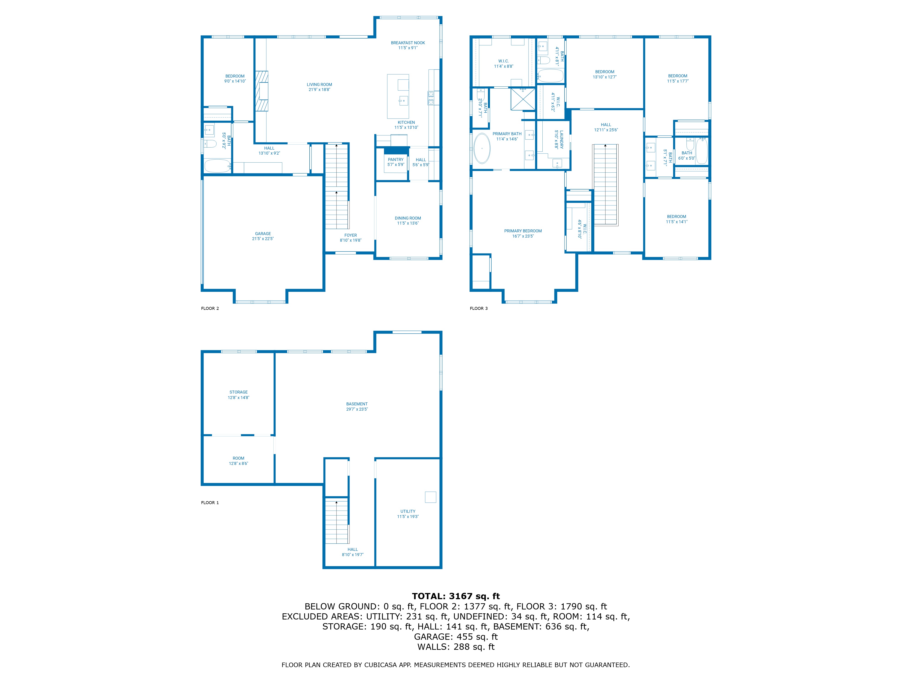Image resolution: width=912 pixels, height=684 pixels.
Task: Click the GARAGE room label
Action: (263, 233)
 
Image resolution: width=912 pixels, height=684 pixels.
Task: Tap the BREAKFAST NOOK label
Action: (408, 43)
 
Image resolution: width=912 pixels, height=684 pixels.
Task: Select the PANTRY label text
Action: (395, 160)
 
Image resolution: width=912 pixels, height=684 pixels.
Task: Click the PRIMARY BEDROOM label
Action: (523, 231)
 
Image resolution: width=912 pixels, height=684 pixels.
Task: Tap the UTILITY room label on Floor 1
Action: (408, 511)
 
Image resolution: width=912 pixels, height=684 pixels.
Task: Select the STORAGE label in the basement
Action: (238, 392)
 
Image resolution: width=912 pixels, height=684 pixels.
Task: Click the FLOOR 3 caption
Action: (479, 308)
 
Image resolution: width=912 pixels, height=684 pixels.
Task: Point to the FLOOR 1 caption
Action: (210, 503)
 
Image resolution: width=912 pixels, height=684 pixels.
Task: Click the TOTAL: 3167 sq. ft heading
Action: (456, 596)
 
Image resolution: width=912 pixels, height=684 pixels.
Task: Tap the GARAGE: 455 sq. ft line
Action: (456, 637)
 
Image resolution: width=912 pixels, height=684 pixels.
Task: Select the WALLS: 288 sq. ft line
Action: (456, 647)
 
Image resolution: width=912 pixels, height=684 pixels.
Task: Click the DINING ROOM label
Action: (408, 218)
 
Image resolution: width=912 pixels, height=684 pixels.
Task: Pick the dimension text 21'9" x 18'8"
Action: (319, 89)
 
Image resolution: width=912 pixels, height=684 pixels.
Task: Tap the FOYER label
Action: (350, 235)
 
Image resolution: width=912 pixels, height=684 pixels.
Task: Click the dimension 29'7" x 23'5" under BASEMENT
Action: (357, 409)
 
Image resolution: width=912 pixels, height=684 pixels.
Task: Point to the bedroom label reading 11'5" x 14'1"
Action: (676, 222)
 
